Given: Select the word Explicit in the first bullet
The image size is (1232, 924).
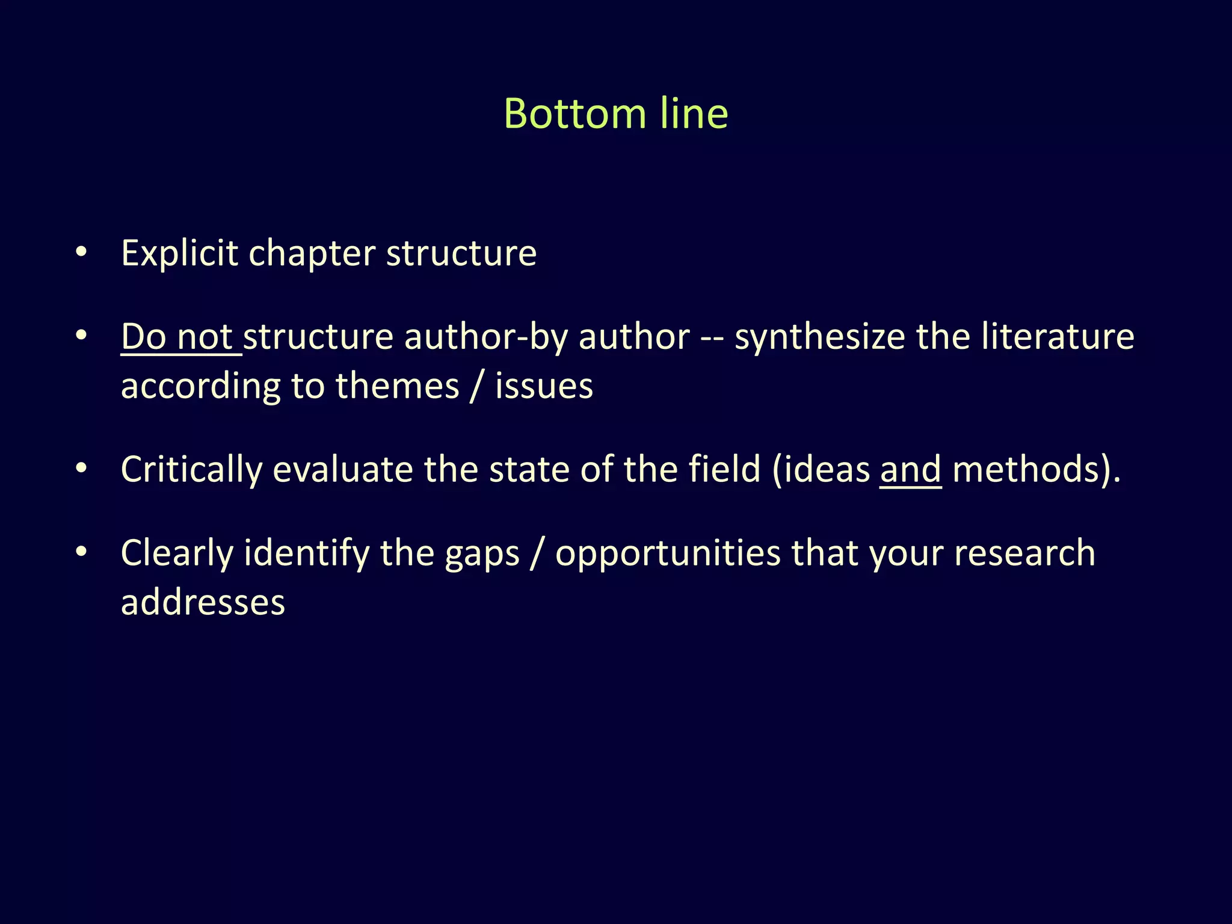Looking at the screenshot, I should tap(179, 253).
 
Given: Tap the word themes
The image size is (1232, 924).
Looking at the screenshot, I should tap(397, 386).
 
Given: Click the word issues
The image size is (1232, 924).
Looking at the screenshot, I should tap(544, 386).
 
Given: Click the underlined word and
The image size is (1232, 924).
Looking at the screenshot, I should tap(910, 470).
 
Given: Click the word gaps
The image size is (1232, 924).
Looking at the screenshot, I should tap(482, 554).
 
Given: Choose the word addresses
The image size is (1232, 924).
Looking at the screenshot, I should tap(203, 603).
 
